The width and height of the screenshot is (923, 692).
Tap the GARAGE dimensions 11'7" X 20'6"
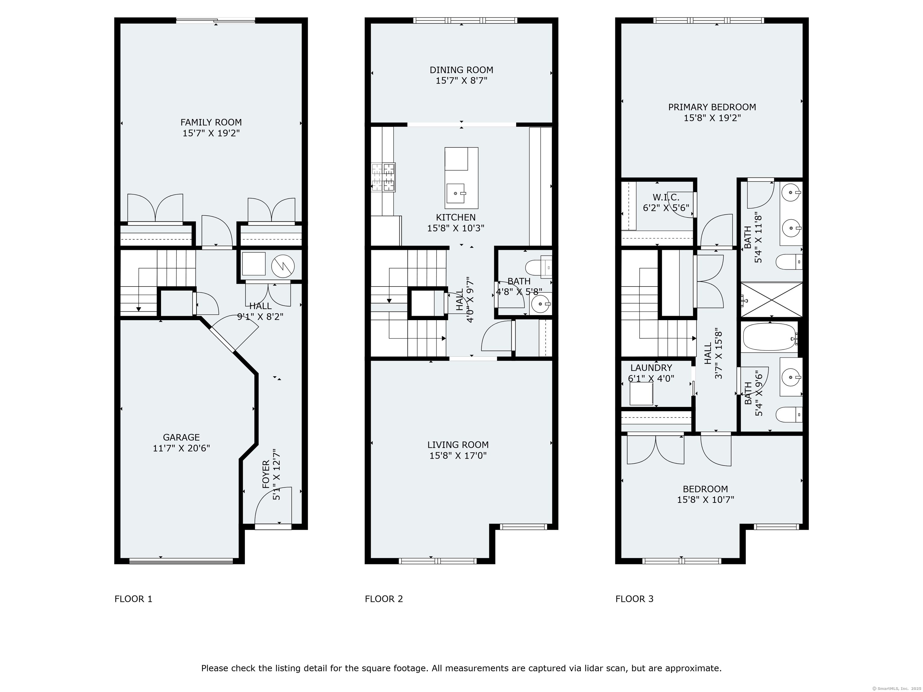coord(181,448)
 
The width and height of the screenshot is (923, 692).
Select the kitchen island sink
coord(456,193)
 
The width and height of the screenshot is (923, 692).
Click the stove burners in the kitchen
coord(383,177)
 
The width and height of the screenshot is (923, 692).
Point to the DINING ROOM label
coord(461,70)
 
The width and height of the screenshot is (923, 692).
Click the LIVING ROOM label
coord(458,445)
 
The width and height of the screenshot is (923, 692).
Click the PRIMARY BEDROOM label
coord(712,107)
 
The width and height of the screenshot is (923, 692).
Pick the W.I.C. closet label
coord(666,197)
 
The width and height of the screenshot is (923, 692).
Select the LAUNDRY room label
coord(651,368)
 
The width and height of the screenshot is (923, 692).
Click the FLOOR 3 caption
coord(634,599)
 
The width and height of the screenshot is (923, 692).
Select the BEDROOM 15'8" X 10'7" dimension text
coord(705,500)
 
